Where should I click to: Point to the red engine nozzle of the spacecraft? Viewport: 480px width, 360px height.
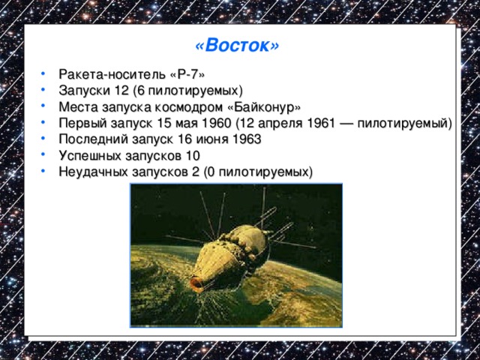pos(196,284)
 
